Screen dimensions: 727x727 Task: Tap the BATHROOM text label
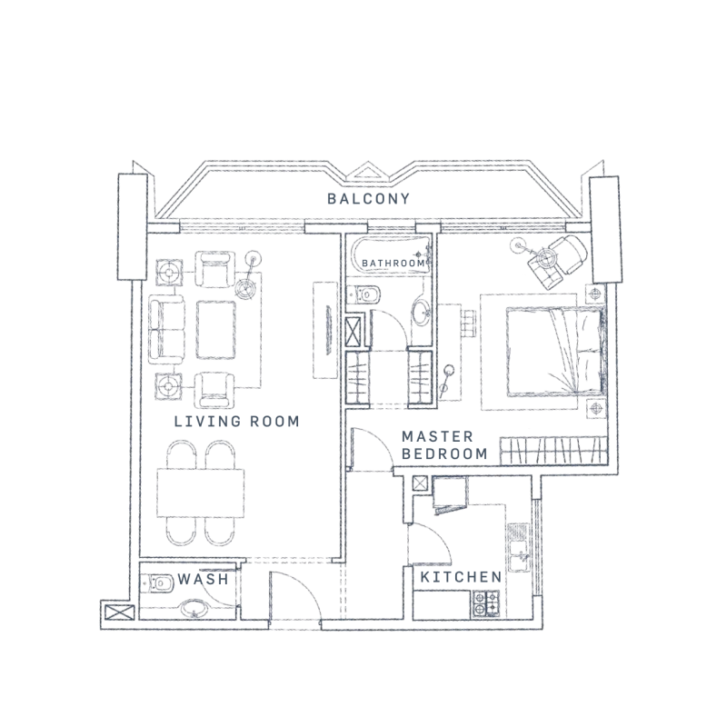[393, 264]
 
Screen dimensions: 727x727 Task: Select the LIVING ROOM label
[236, 422]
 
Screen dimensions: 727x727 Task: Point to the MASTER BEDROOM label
[444, 444]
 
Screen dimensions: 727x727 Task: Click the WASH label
[202, 579]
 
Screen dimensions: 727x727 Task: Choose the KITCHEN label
[461, 577]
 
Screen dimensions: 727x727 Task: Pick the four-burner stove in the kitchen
[485, 601]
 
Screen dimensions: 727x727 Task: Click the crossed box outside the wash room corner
[118, 612]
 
